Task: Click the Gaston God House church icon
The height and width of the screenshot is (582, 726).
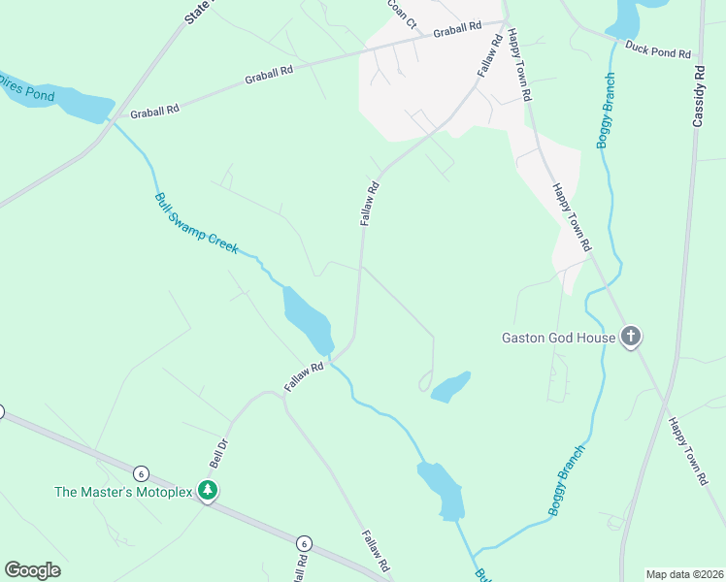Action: (631, 338)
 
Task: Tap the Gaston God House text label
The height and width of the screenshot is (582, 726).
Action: (558, 338)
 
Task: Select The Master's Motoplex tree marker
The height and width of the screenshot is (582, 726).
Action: (206, 491)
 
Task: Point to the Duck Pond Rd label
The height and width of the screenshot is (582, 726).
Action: (657, 49)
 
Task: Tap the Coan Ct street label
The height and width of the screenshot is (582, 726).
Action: (400, 13)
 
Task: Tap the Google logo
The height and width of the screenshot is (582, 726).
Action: (32, 570)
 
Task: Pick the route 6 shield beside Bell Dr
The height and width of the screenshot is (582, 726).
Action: (142, 473)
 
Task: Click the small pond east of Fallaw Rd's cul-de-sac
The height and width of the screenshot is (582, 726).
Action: (450, 387)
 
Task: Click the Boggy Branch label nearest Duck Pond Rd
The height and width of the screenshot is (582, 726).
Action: (605, 112)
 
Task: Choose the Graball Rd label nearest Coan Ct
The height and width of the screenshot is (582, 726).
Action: (457, 31)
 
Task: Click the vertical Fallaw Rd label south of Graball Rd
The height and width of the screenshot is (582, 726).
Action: (368, 204)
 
